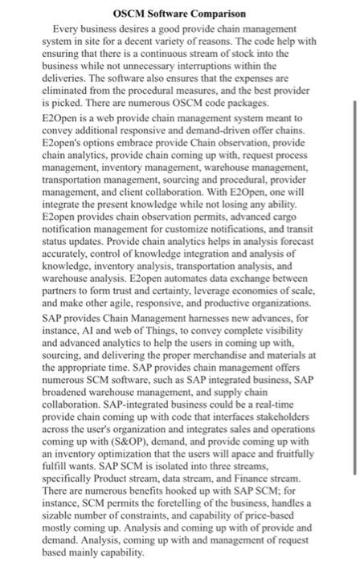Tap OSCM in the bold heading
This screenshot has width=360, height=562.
click(x=131, y=14)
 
